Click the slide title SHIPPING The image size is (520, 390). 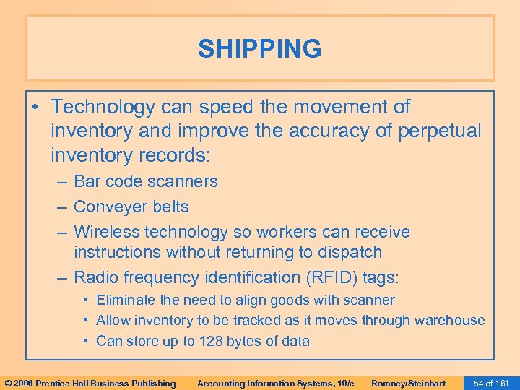point(260,49)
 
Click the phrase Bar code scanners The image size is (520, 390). point(145,181)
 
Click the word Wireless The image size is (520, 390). point(106,232)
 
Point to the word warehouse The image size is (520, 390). point(449,320)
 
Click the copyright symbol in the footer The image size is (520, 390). point(9,383)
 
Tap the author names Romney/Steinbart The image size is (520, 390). point(408,383)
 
